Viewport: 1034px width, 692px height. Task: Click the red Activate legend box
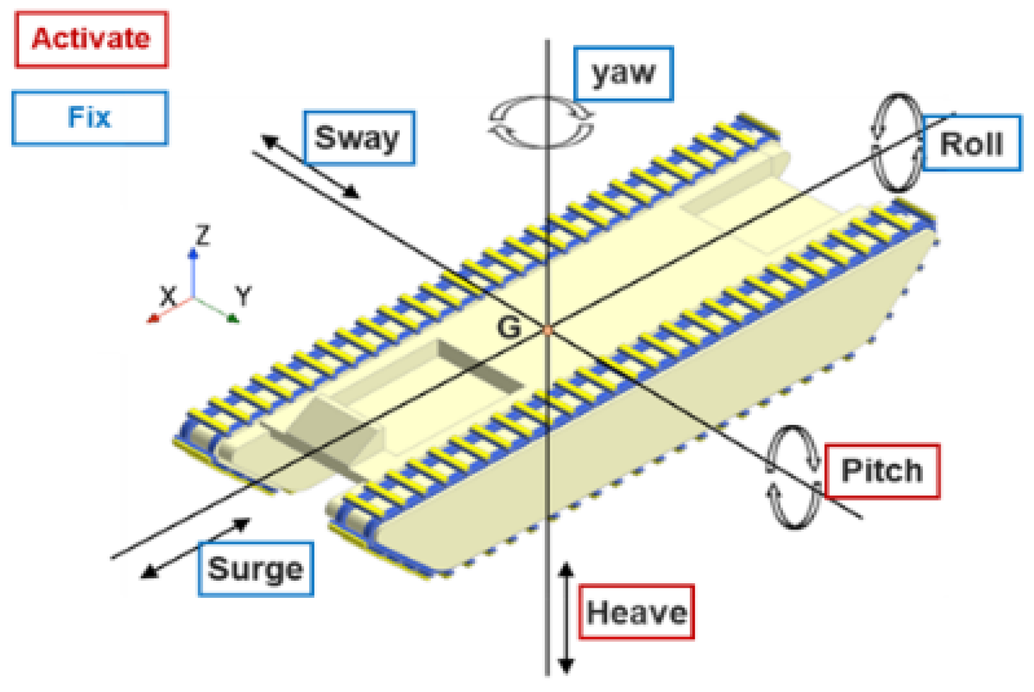click(92, 40)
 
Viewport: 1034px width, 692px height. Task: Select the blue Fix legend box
click(90, 118)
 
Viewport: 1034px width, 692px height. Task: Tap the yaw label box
click(623, 74)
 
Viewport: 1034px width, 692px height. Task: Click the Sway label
click(359, 138)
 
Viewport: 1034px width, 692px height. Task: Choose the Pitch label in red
click(882, 471)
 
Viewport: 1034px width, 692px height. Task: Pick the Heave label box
click(636, 612)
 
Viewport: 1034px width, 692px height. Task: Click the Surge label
click(255, 569)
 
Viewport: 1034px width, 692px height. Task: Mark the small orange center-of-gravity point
click(548, 330)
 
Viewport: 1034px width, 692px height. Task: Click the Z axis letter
click(202, 235)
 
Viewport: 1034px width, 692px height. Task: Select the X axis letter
click(168, 296)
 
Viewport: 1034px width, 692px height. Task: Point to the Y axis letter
click(243, 296)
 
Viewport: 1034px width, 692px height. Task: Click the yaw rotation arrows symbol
click(541, 122)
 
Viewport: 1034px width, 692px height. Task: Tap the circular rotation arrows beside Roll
click(897, 143)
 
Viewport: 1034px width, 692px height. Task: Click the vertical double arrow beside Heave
click(566, 617)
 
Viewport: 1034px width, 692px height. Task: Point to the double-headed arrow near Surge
click(195, 548)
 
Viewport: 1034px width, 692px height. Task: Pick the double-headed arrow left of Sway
click(311, 167)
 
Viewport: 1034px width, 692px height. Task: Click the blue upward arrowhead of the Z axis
click(193, 254)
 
